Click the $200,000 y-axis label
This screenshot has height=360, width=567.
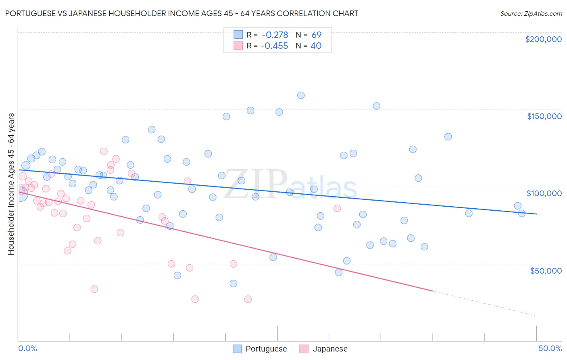click(x=543, y=39)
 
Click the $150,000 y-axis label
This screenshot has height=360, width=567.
click(x=544, y=116)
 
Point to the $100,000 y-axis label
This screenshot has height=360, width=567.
click(x=544, y=193)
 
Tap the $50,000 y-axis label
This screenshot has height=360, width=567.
click(x=546, y=270)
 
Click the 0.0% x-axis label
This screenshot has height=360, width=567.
click(x=27, y=348)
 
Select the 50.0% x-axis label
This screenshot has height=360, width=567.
click(x=550, y=348)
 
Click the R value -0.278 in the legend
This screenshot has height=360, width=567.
click(x=275, y=35)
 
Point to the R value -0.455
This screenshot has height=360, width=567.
click(x=274, y=46)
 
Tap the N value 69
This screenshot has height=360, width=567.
click(x=316, y=35)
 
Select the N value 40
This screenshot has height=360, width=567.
click(x=316, y=46)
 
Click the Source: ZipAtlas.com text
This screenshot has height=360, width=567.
click(x=531, y=14)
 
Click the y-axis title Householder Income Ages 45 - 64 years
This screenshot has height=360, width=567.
click(x=11, y=184)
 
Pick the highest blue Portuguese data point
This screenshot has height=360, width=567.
click(x=301, y=96)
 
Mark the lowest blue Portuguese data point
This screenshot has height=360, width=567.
click(x=233, y=283)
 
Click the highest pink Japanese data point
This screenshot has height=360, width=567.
click(x=104, y=151)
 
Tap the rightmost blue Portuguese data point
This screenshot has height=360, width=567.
click(x=521, y=213)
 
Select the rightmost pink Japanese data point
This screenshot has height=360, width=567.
click(x=337, y=208)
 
